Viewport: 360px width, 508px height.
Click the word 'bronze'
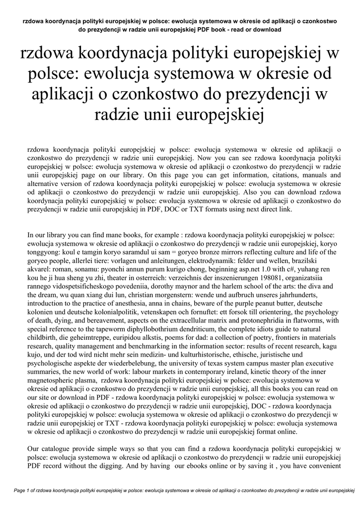point(218,251)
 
